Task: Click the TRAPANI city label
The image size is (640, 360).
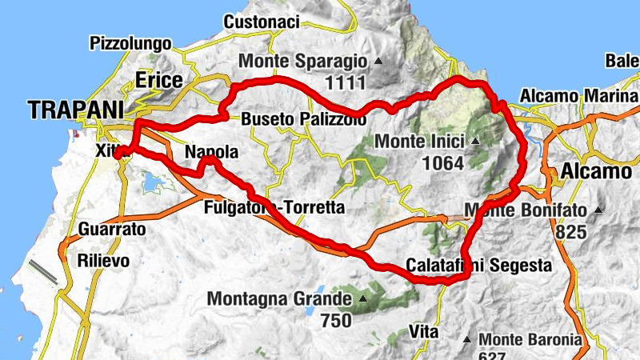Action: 77,110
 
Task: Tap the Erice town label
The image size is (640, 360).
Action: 159,80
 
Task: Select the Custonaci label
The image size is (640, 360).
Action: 262,22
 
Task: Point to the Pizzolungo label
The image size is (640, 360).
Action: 131,42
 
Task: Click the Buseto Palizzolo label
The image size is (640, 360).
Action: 304,119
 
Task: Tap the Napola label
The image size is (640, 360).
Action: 211,152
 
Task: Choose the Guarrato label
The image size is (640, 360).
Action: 113,230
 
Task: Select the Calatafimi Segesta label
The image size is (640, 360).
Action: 478,265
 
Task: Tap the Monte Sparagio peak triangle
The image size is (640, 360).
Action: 378,62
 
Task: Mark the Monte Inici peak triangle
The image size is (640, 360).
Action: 475,142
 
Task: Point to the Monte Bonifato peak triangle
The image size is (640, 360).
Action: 598,210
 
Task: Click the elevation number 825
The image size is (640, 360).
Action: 569,233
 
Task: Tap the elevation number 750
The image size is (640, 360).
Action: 336,320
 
